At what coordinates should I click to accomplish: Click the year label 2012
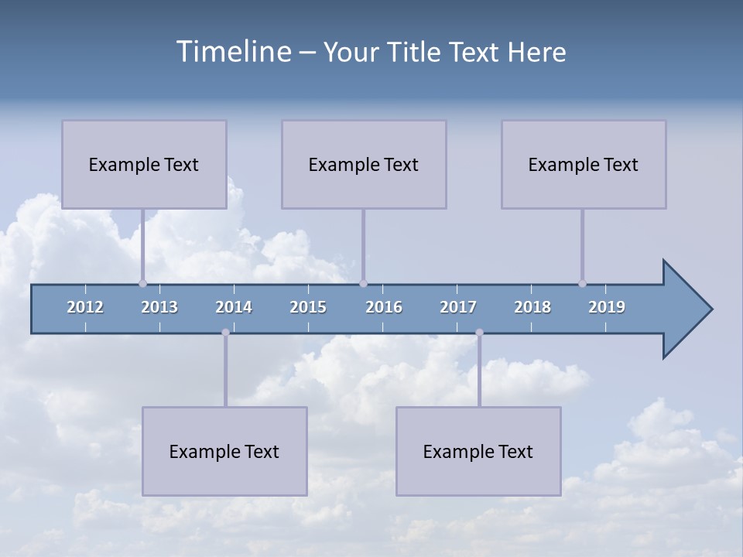tap(85, 307)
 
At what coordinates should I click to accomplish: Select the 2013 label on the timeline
tap(159, 307)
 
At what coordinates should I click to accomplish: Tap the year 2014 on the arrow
tap(234, 307)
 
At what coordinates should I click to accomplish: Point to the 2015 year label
tap(308, 307)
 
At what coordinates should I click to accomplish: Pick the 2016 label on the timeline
tap(384, 307)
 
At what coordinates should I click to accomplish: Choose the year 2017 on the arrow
tap(458, 307)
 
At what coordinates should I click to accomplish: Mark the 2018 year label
tap(532, 307)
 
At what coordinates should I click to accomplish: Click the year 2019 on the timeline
tap(607, 307)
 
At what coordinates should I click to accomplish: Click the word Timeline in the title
tap(233, 52)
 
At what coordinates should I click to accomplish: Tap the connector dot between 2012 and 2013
tap(142, 283)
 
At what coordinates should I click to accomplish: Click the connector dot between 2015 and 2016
tap(363, 283)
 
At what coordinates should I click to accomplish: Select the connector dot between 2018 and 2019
tap(582, 283)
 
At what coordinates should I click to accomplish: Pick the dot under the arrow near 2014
tap(225, 333)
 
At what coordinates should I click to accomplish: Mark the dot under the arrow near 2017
tap(479, 333)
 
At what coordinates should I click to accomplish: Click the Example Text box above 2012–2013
tap(144, 164)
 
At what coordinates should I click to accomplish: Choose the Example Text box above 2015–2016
tap(364, 164)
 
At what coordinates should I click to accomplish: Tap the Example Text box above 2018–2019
tap(584, 164)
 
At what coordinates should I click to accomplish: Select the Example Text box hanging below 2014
tap(224, 451)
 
